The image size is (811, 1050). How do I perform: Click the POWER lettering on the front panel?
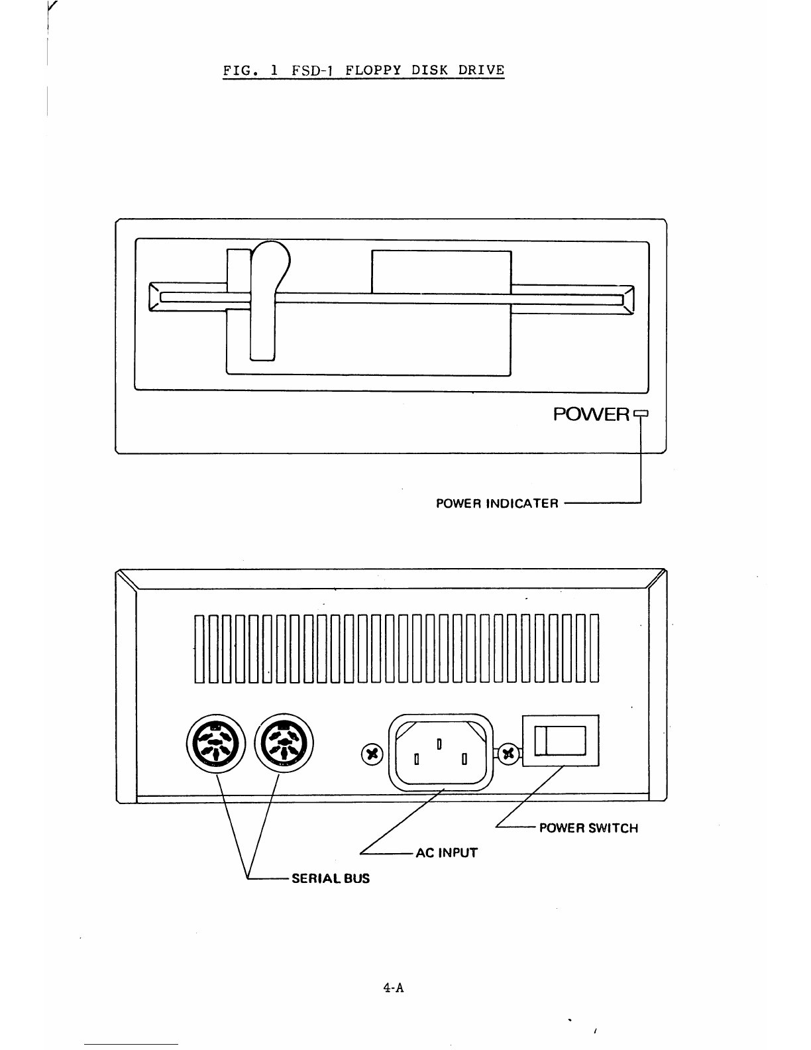(591, 415)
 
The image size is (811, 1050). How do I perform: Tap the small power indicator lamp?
(640, 415)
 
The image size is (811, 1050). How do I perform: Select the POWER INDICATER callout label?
(497, 503)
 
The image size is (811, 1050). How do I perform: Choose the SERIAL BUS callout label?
(331, 878)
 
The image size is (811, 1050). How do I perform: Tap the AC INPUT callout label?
(446, 853)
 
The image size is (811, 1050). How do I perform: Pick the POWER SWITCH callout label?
(588, 828)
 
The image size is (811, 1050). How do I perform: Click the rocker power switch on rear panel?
(561, 741)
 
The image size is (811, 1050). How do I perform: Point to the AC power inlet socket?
(438, 751)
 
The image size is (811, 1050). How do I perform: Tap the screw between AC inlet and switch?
(509, 753)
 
